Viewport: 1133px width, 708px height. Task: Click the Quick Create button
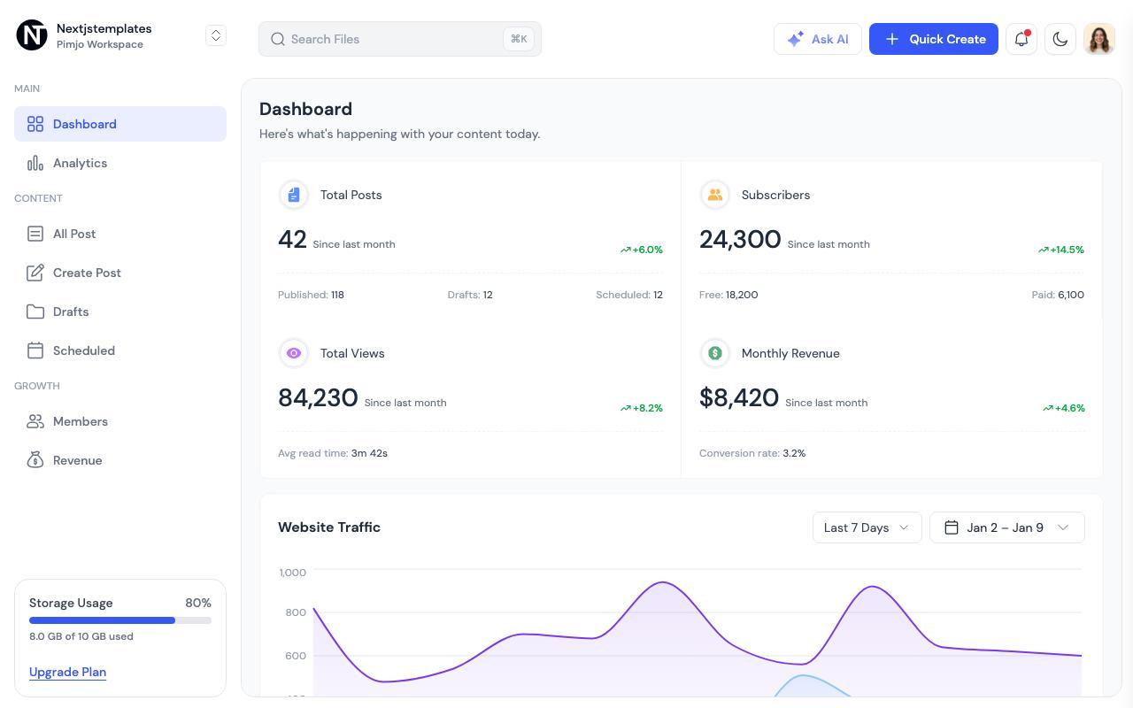click(933, 39)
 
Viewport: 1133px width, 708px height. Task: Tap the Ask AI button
click(817, 39)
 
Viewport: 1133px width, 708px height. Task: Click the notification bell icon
click(1021, 39)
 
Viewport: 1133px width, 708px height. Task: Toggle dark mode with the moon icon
click(1060, 39)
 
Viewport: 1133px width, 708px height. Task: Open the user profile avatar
click(1099, 39)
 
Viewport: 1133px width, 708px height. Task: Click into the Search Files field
click(399, 39)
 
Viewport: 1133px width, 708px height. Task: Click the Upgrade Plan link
click(68, 672)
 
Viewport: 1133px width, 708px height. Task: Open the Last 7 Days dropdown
click(867, 527)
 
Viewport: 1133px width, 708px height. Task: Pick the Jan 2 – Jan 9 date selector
click(1007, 527)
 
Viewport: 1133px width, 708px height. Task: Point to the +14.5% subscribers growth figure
click(1061, 250)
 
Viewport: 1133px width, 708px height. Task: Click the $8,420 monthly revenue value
click(739, 397)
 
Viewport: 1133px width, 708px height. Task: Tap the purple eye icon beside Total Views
click(293, 353)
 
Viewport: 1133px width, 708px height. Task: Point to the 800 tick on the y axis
click(296, 612)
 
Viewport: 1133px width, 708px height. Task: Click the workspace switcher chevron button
click(216, 35)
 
